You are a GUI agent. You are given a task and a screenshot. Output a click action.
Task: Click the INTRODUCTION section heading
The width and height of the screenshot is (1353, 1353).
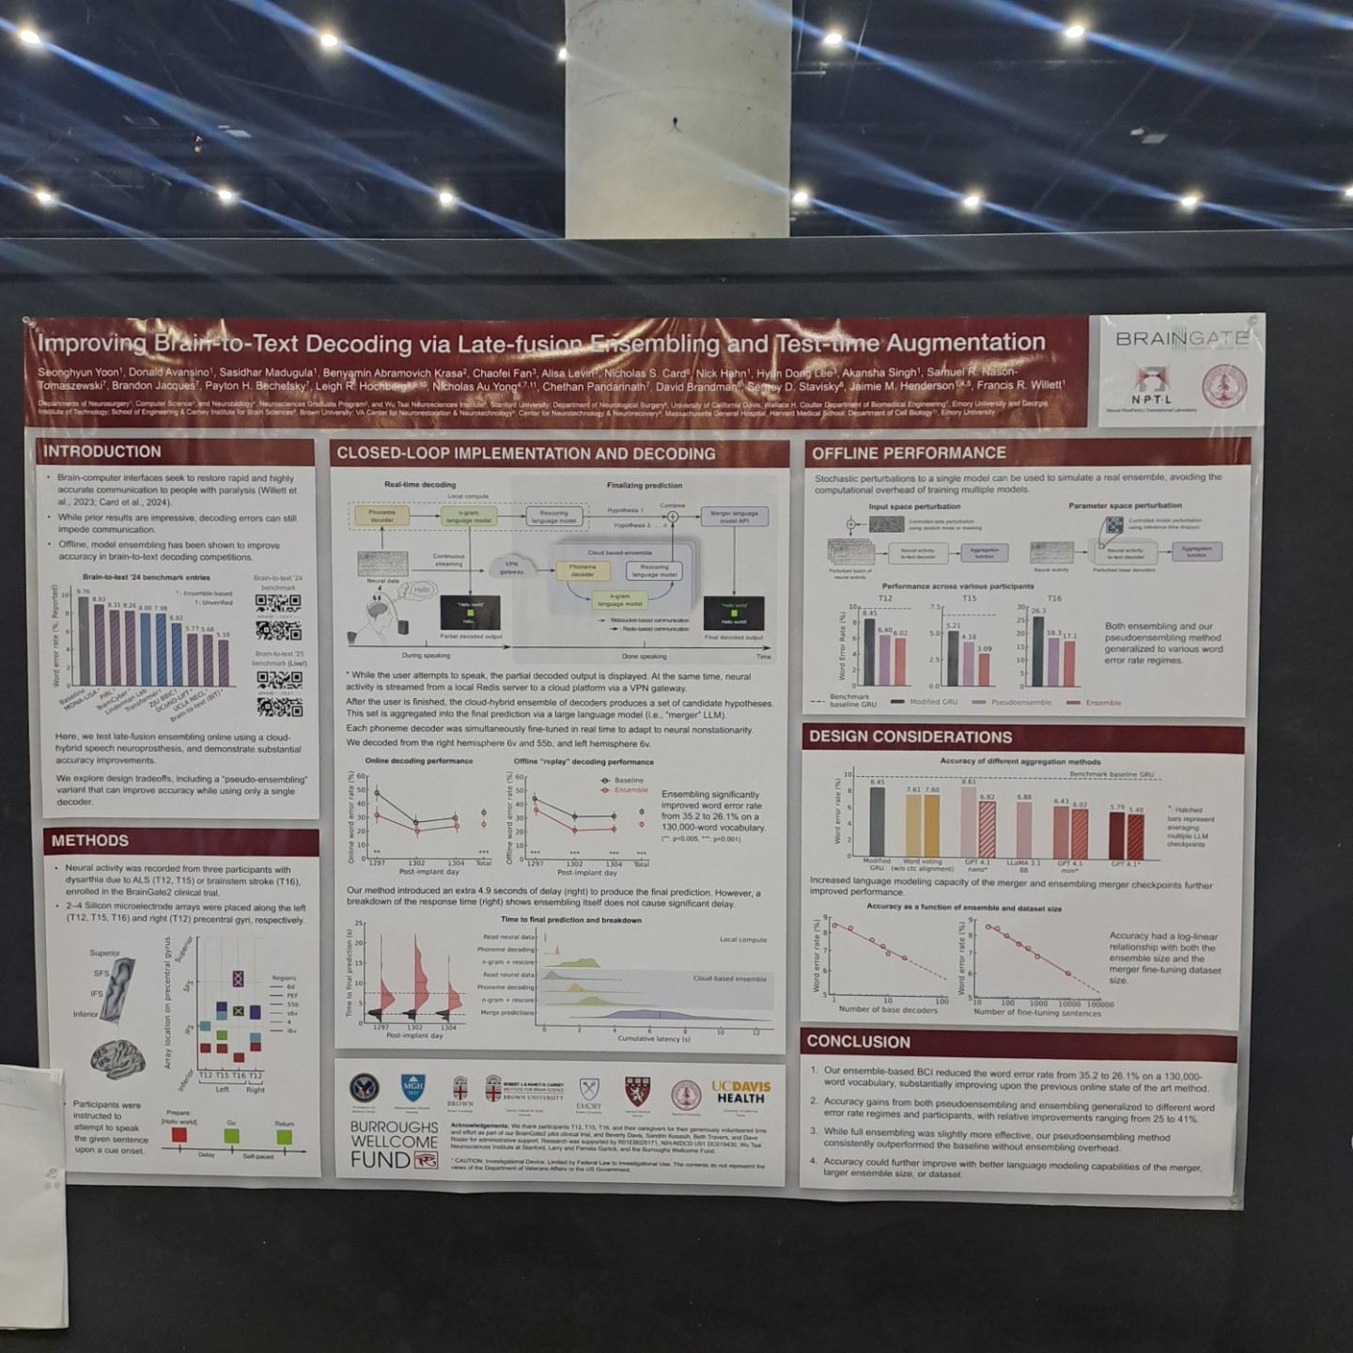coord(101,452)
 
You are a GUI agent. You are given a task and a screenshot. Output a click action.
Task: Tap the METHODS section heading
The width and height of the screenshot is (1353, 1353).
coord(90,841)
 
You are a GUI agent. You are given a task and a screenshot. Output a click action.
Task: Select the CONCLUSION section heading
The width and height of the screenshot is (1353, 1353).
coord(858,1042)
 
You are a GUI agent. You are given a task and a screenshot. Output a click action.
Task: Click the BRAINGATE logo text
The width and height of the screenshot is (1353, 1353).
coord(1181,338)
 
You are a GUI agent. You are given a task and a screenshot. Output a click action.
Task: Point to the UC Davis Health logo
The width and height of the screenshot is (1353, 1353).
coord(740,1093)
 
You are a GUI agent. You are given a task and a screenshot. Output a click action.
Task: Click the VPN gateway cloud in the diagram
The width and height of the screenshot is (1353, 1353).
coord(511,568)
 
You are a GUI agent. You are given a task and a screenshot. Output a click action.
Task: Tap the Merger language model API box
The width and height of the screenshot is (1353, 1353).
coord(734,517)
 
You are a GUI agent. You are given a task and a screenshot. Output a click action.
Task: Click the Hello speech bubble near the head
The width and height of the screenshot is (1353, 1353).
coord(421,590)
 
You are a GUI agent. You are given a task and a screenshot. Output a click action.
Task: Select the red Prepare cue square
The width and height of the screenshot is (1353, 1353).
coord(179,1136)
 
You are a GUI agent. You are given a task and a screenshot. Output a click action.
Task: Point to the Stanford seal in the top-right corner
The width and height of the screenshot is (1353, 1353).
coord(1224,386)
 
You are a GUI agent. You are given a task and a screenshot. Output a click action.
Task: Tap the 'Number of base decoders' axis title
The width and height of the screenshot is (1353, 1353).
coord(887,1010)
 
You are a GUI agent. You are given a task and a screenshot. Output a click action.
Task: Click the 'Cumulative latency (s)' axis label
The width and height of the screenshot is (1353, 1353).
coord(653,1038)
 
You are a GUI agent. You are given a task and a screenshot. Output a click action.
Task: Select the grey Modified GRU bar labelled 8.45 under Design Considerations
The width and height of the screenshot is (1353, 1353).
coord(877,820)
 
